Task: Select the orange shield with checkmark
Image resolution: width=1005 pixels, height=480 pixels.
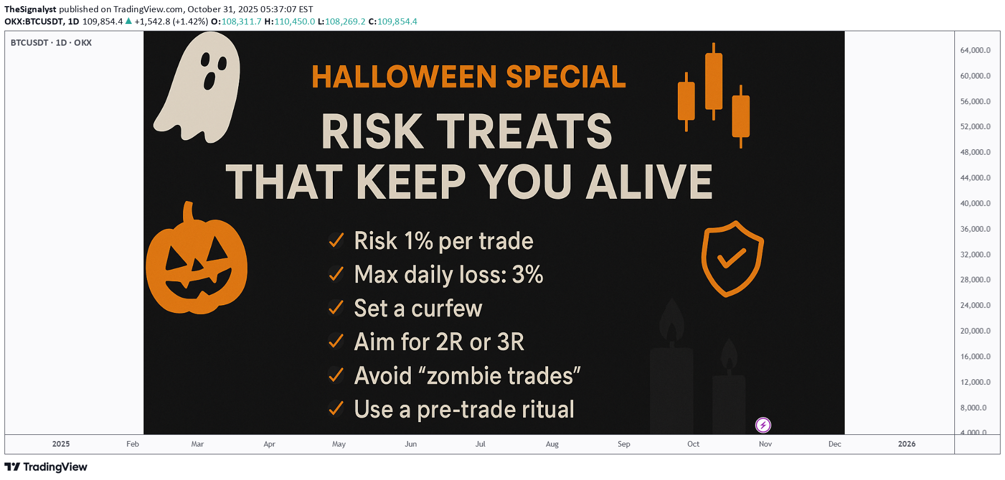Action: point(732,258)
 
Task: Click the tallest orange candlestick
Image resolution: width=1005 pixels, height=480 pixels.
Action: point(713,81)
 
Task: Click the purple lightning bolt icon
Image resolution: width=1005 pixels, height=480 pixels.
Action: point(763,425)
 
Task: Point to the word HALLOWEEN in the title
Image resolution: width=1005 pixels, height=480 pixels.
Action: point(405,77)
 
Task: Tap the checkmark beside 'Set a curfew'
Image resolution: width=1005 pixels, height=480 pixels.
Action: point(336,308)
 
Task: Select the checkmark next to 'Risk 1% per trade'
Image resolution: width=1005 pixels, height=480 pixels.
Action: point(336,241)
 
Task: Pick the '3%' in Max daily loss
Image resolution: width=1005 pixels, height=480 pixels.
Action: point(527,275)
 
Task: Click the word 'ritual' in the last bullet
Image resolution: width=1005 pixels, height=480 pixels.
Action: point(548,409)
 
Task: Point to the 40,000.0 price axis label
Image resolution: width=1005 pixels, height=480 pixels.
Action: point(975,203)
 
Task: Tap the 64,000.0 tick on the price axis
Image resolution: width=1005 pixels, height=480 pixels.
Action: point(975,50)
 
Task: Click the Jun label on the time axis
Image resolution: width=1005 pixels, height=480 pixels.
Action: point(411,444)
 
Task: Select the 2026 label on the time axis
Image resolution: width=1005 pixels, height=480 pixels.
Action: point(907,444)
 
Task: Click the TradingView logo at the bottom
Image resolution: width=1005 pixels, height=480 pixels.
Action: point(46,467)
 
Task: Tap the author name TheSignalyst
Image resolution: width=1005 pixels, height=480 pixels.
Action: point(30,9)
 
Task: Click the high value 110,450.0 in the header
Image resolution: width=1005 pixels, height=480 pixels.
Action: point(294,22)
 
